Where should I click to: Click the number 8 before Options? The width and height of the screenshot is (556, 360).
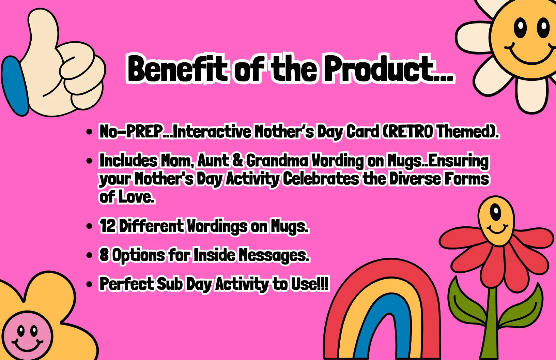(104, 255)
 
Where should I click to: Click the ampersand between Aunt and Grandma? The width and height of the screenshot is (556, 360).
(238, 161)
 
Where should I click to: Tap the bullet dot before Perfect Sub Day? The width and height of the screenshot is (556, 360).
(89, 284)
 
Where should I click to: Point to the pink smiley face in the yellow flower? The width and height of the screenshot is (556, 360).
(27, 336)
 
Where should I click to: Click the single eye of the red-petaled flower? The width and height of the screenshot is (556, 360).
(496, 212)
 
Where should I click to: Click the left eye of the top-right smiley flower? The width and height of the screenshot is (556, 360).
(520, 27)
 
